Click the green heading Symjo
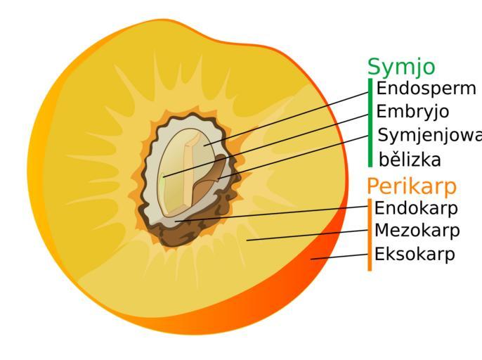click(x=400, y=66)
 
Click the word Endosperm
click(x=426, y=89)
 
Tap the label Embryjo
click(x=412, y=112)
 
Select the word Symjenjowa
click(x=429, y=136)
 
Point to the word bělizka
click(x=410, y=160)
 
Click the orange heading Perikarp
click(x=411, y=186)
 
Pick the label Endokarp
click(x=416, y=208)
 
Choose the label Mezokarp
click(x=417, y=231)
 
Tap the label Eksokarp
click(x=415, y=254)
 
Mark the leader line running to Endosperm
click(x=295, y=115)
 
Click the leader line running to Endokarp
click(x=274, y=213)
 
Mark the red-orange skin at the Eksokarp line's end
click(x=316, y=262)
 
